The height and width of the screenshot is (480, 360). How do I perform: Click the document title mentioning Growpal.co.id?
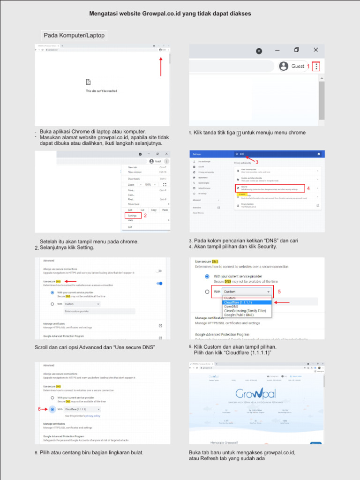[170, 14]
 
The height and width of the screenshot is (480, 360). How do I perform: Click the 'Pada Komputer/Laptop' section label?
[73, 35]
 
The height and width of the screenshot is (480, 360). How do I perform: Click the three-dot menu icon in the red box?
[317, 67]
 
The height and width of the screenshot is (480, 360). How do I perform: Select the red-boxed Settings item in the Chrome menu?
[132, 216]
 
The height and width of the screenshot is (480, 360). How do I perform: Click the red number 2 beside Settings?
[145, 216]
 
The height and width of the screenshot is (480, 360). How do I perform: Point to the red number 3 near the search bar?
[257, 162]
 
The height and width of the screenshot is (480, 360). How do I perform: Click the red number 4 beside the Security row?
[308, 188]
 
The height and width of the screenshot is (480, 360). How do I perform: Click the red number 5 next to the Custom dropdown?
[279, 292]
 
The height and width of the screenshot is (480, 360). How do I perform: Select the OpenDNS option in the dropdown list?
[232, 307]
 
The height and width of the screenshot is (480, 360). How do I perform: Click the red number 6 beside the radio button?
[39, 409]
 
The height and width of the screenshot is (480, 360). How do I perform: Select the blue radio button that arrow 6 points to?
[52, 409]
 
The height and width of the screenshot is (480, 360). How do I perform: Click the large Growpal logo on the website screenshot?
[256, 393]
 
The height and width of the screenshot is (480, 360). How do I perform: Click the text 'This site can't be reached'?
[101, 91]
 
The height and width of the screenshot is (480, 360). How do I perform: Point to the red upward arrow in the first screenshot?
[161, 66]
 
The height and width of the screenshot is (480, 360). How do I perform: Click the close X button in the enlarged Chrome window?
[316, 50]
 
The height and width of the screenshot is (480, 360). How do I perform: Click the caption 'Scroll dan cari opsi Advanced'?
[95, 347]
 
